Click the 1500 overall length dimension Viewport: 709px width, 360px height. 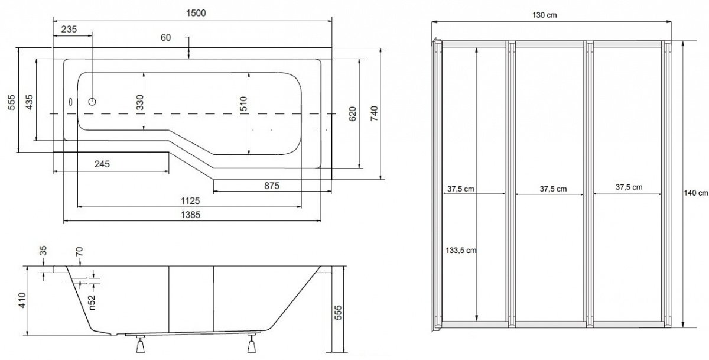196,13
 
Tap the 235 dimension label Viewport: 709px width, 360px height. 69,29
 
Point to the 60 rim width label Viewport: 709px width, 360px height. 165,38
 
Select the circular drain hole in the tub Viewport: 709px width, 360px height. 92,102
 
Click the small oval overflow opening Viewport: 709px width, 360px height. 71,102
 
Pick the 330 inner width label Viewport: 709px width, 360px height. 139,102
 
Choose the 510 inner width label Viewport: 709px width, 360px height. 243,104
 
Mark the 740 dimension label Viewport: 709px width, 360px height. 374,113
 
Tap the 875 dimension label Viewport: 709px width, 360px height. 272,186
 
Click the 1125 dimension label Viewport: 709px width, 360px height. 190,201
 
